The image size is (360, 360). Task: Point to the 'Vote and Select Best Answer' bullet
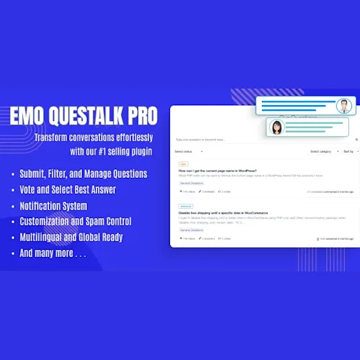click(x=68, y=190)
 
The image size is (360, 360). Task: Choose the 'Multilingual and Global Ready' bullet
click(x=71, y=237)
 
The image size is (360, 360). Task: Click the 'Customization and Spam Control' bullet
click(x=76, y=221)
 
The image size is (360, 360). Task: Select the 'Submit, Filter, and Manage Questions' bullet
click(x=84, y=174)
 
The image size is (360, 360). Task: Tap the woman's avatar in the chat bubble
click(x=276, y=127)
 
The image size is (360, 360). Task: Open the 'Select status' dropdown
click(x=189, y=152)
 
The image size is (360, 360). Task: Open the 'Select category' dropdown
click(x=321, y=152)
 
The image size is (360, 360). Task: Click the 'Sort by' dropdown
click(x=348, y=152)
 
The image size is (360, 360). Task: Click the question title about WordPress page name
click(x=218, y=170)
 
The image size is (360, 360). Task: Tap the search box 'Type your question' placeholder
click(x=201, y=140)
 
